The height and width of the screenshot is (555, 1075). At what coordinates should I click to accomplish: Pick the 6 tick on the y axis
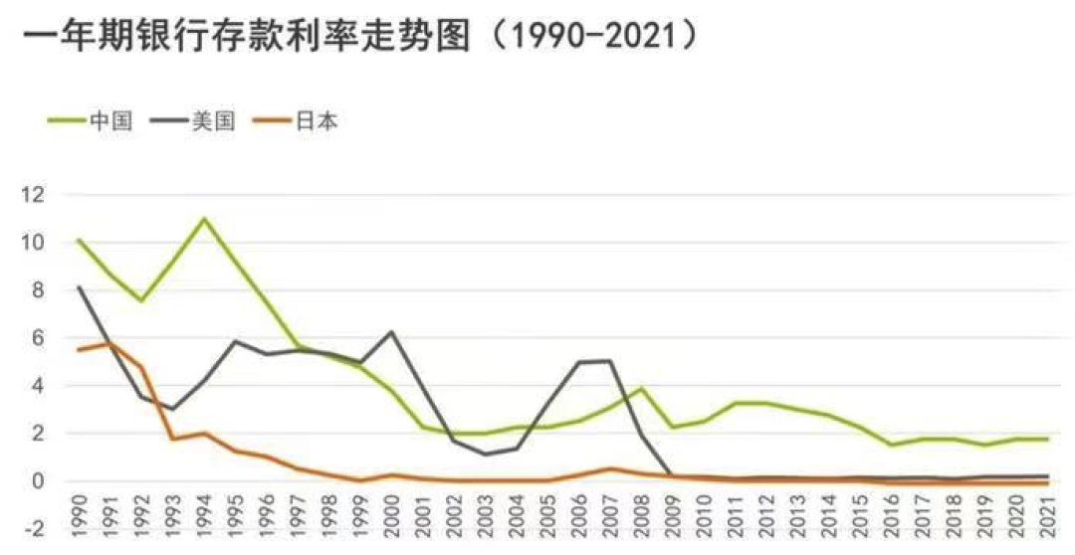tap(38, 338)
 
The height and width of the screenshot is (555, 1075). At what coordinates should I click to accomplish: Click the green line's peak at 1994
tap(204, 219)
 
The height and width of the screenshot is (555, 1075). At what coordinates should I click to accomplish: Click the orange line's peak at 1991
tap(110, 343)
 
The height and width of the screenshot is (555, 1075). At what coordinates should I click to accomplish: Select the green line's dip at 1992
tap(141, 300)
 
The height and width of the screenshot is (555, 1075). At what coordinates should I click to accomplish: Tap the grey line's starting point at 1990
tap(80, 287)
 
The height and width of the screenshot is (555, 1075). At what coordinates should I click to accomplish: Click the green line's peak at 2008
tap(642, 389)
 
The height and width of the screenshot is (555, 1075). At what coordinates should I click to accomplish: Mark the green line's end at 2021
tap(1048, 439)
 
